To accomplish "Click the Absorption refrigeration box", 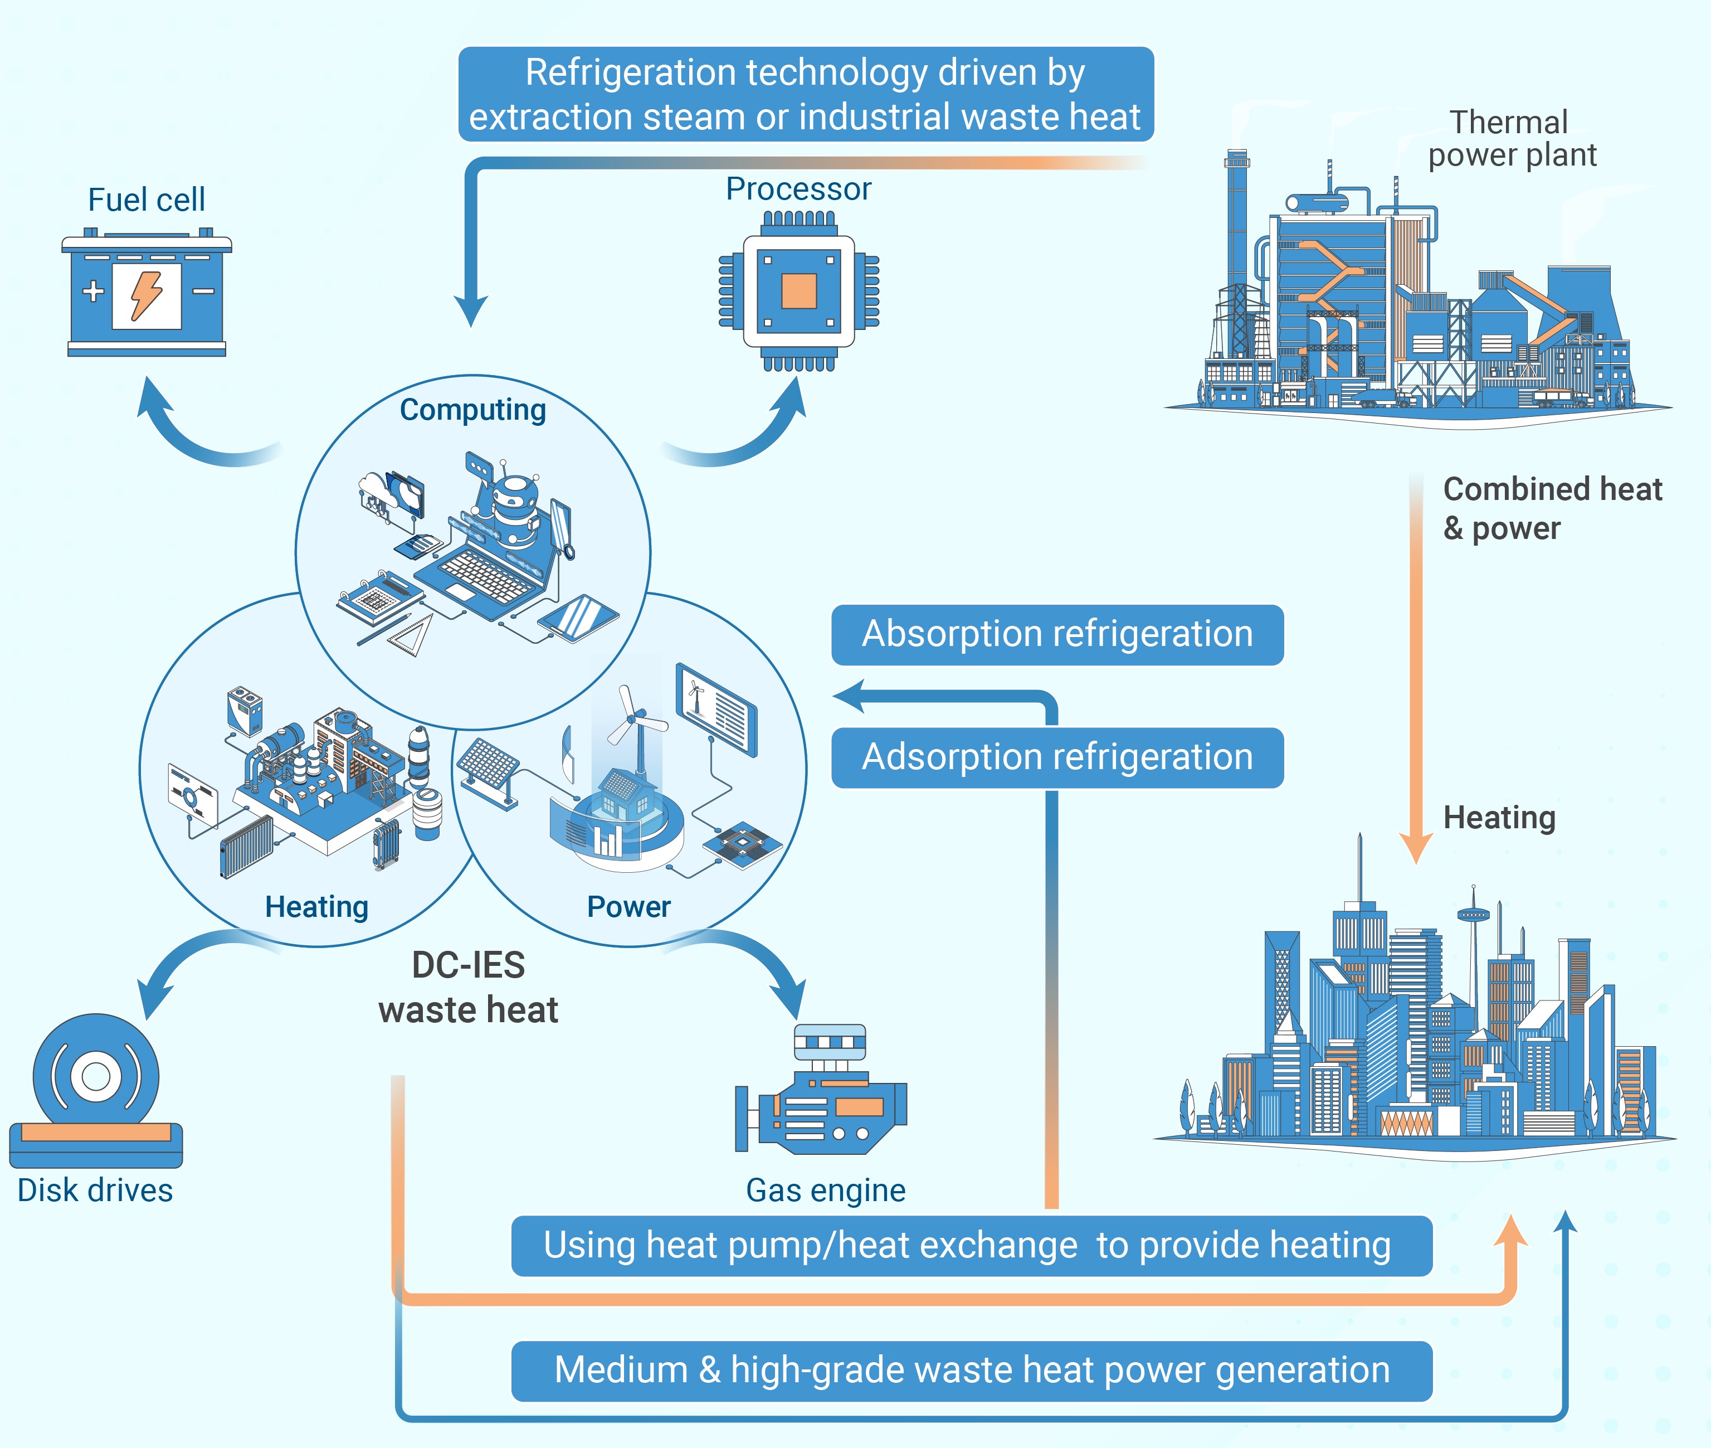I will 1057,634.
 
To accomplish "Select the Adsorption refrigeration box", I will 1057,757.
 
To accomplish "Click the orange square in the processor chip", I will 798,290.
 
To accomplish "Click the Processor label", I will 798,189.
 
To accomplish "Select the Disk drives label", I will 95,1191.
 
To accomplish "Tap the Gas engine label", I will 826,1191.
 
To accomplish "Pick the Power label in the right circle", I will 628,906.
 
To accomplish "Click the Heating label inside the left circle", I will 317,906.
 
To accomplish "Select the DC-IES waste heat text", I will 469,988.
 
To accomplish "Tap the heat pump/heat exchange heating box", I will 972,1245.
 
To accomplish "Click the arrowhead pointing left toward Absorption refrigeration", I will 849,696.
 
